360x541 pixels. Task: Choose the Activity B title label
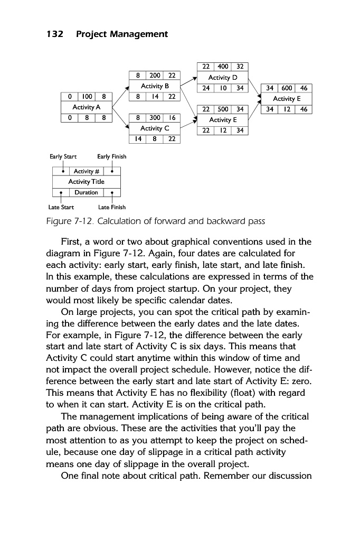click(x=154, y=86)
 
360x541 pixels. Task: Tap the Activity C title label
click(x=154, y=128)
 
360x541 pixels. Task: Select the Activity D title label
click(x=222, y=77)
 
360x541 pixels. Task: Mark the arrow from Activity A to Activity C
click(x=120, y=119)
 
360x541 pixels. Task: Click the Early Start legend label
click(x=63, y=156)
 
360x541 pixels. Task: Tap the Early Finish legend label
click(x=111, y=156)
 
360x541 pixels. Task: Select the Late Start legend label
click(x=61, y=207)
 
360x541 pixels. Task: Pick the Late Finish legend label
click(x=112, y=207)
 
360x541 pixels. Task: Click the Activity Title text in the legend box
click(x=86, y=182)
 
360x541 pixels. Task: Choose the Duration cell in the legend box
click(x=86, y=192)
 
